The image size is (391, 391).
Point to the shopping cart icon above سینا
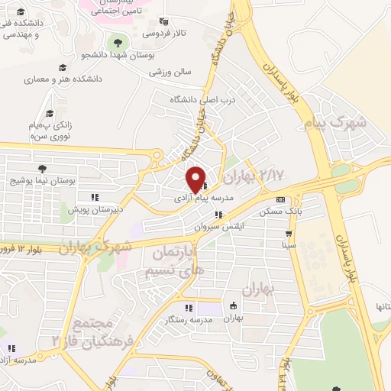click(288, 234)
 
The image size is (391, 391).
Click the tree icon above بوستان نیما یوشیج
click(41, 170)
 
